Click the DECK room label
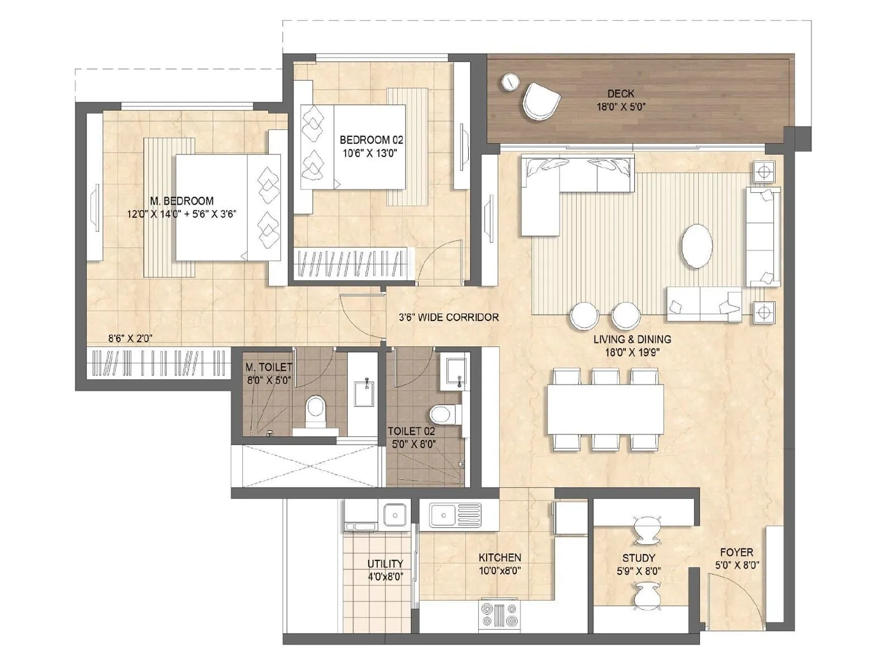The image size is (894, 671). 621,93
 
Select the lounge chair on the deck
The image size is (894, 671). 540,101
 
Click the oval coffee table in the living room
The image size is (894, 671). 697,246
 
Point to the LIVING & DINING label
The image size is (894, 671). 632,339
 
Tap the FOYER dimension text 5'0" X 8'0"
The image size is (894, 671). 737,565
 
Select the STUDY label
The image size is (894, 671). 638,557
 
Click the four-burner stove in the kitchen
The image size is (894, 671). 499,615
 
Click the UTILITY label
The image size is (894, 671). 385,564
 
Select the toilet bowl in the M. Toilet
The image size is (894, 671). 316,408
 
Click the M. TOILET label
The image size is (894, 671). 269,367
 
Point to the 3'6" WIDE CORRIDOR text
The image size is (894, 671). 449,317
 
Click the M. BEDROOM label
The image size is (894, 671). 182,200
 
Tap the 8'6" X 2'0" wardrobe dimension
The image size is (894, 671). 130,338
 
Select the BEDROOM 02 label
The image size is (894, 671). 371,140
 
